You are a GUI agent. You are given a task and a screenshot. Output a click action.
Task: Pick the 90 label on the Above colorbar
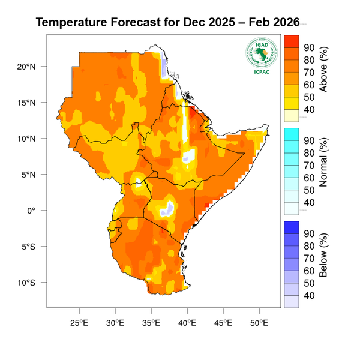coord(310,47)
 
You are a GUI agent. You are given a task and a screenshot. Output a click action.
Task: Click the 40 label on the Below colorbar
coord(310,296)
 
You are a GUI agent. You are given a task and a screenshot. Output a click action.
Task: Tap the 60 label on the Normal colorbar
coord(310,178)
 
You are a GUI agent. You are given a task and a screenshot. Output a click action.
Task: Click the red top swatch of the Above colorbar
coord(291,41)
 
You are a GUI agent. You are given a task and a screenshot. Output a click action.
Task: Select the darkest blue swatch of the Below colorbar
coord(291,227)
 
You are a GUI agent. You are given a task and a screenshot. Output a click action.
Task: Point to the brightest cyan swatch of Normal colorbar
coord(291,133)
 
